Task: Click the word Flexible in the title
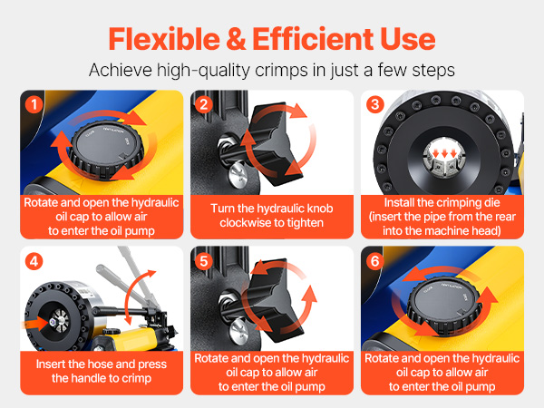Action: pyautogui.click(x=164, y=39)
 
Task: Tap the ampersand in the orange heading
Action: pyautogui.click(x=236, y=39)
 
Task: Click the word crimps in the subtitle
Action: pyautogui.click(x=281, y=70)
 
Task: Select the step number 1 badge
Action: pyautogui.click(x=34, y=104)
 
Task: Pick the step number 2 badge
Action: pyautogui.click(x=204, y=104)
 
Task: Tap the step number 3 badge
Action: pyautogui.click(x=374, y=104)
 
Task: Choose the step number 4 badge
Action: pyautogui.click(x=34, y=261)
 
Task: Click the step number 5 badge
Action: pyautogui.click(x=204, y=261)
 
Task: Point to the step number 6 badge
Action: pyautogui.click(x=374, y=261)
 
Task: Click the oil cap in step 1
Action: pyautogui.click(x=106, y=151)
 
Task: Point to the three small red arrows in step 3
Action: pyautogui.click(x=444, y=153)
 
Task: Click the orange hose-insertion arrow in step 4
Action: pyautogui.click(x=36, y=324)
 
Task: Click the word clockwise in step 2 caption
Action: pyautogui.click(x=242, y=223)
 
